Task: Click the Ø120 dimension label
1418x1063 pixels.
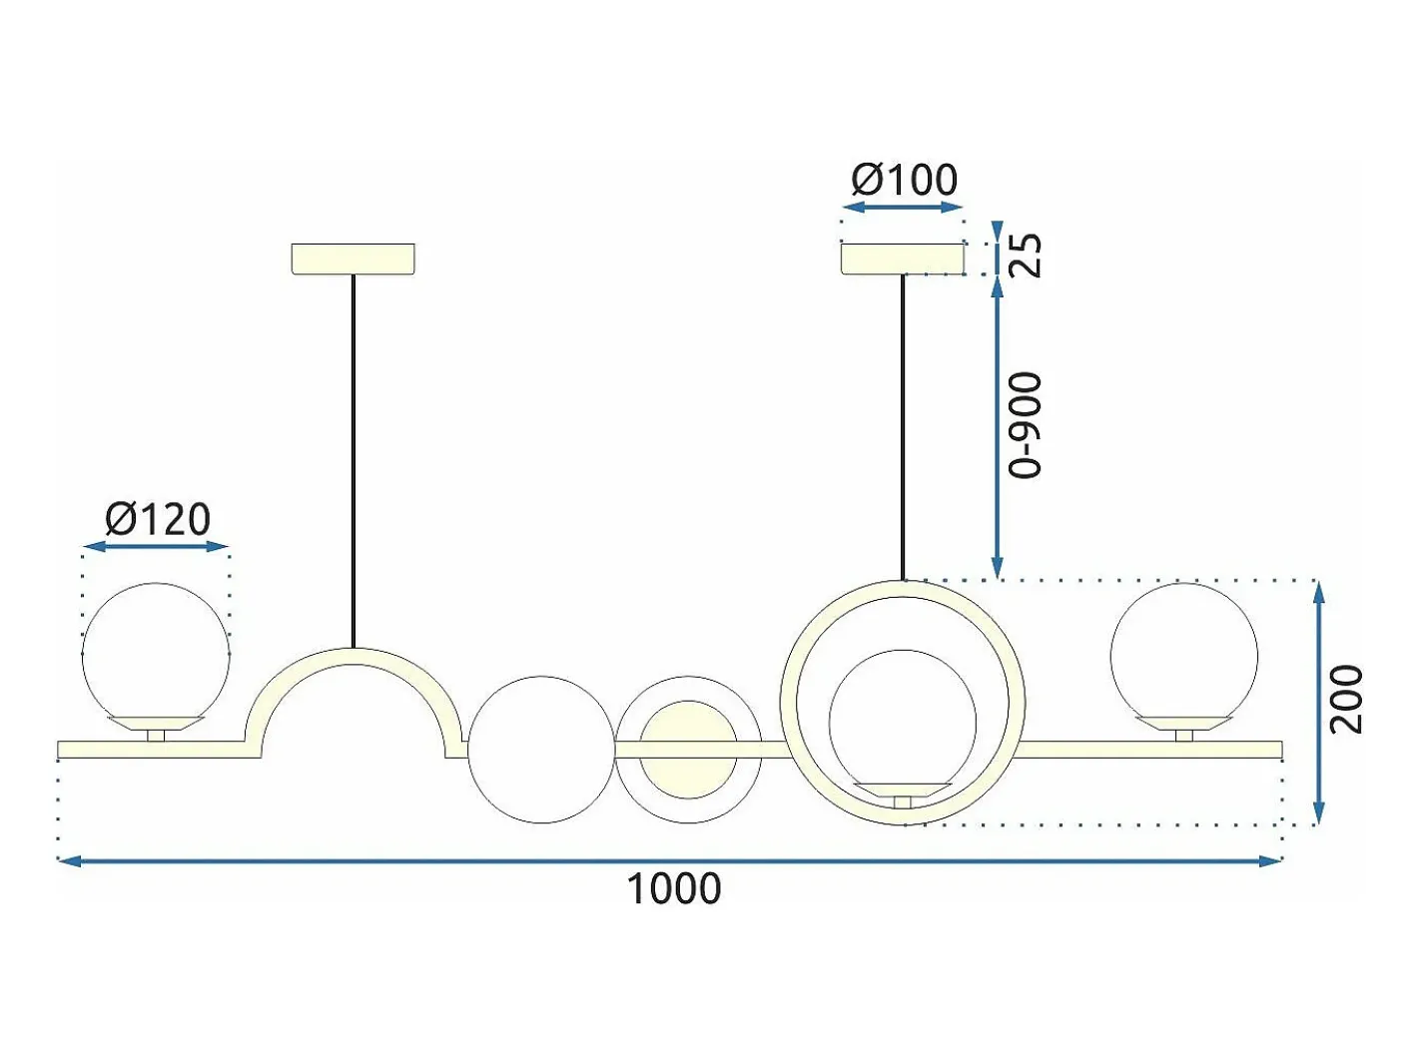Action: (x=158, y=519)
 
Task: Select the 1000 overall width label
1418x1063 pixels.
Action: (x=674, y=888)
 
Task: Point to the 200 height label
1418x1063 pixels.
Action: (x=1346, y=700)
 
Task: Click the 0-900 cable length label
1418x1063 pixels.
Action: (x=1026, y=425)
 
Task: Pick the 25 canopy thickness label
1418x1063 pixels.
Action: (x=1026, y=256)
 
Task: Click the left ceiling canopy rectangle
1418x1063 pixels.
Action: (x=353, y=259)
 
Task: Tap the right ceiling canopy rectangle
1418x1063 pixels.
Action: (x=902, y=259)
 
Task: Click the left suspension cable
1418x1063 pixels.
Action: (x=353, y=461)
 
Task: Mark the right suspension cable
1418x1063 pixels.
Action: (x=903, y=427)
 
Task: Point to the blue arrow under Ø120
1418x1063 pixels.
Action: (x=157, y=547)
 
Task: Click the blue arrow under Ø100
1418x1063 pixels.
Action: (x=903, y=208)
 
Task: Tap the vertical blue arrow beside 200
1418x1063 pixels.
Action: (x=1319, y=703)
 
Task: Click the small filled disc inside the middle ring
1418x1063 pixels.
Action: (x=688, y=750)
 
